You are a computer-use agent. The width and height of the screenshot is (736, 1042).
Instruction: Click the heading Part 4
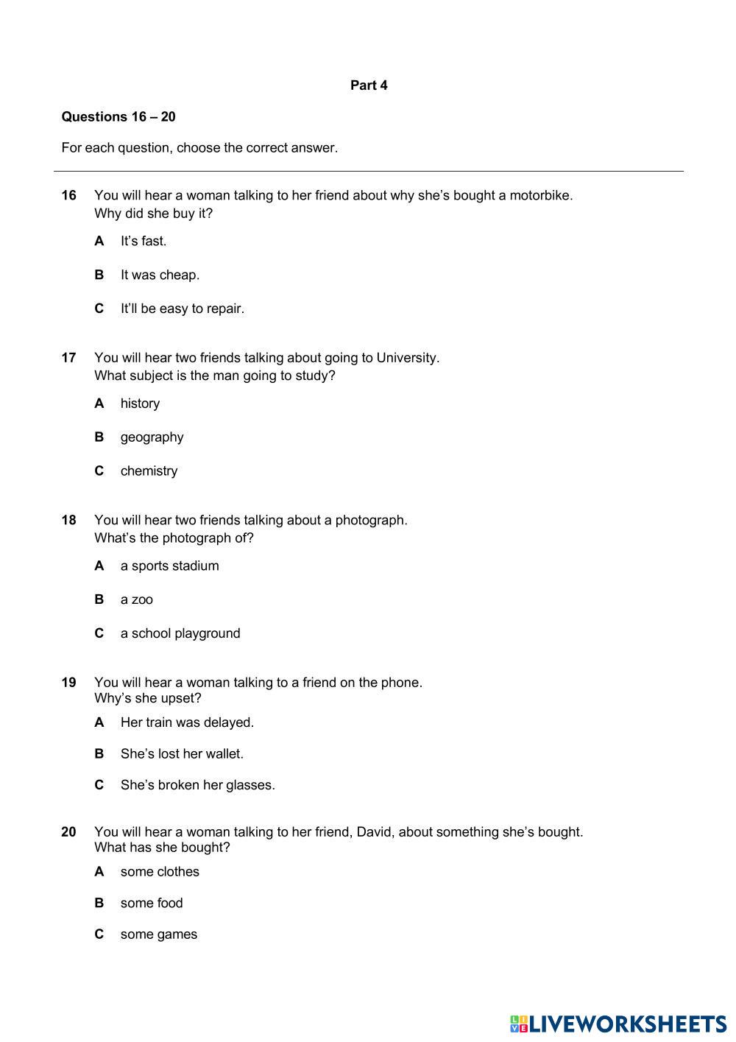click(369, 85)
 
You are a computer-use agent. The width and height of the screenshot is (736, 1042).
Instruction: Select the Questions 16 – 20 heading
click(118, 116)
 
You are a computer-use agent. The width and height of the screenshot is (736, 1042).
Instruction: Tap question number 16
click(68, 195)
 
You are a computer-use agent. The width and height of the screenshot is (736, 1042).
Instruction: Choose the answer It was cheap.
click(160, 275)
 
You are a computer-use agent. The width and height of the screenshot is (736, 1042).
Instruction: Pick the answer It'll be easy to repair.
click(182, 309)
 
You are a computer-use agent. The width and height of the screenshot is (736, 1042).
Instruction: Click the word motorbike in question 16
click(539, 195)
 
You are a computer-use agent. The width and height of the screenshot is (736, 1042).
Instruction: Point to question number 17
click(68, 358)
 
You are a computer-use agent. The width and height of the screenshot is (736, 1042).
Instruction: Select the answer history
click(140, 404)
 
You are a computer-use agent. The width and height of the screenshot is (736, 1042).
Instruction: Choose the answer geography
click(152, 437)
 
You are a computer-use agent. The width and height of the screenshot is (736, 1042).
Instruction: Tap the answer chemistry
click(149, 471)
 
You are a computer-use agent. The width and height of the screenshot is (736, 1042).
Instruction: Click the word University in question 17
click(406, 358)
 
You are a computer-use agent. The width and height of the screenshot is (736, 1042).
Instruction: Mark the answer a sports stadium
click(169, 566)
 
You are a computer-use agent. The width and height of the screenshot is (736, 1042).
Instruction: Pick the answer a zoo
click(137, 600)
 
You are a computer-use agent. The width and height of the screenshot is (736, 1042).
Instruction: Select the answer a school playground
click(180, 634)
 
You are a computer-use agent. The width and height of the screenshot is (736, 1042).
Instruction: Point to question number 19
click(68, 683)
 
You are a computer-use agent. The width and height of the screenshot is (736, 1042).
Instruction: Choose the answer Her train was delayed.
click(187, 723)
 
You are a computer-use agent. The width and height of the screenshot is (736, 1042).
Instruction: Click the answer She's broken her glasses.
click(197, 786)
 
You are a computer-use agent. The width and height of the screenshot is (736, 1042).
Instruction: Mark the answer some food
click(152, 904)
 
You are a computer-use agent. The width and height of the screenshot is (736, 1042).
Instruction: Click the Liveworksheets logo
click(618, 1024)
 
